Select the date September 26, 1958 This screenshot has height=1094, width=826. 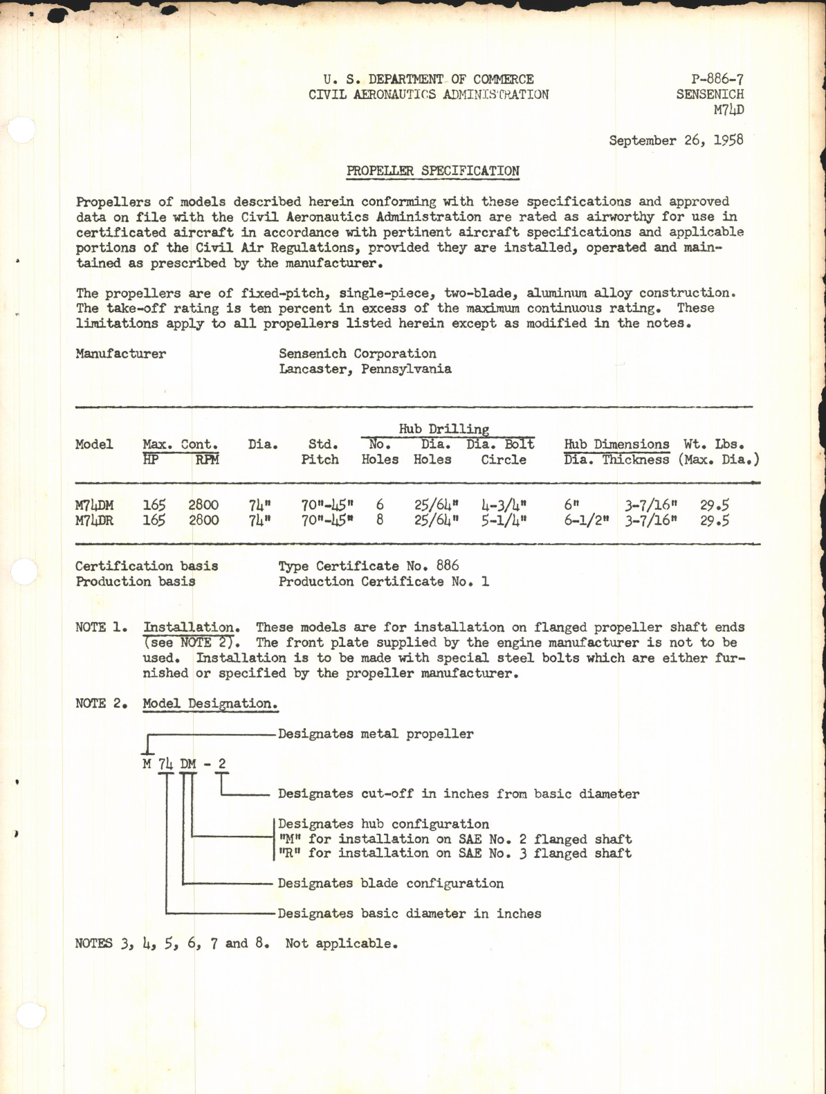[676, 140]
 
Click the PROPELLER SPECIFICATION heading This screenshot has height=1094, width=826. [432, 171]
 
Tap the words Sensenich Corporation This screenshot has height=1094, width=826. [357, 354]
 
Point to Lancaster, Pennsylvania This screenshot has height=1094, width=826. [365, 369]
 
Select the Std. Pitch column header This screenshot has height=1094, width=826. [320, 452]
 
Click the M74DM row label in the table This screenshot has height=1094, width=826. [94, 506]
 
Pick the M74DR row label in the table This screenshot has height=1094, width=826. [94, 520]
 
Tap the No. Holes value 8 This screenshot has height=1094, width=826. [379, 520]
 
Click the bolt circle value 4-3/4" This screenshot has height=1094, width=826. [504, 506]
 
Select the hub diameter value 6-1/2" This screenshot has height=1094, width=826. [586, 520]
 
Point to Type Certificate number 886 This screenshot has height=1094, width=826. [369, 566]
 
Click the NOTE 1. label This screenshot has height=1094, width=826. [101, 628]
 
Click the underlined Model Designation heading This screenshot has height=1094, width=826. [210, 704]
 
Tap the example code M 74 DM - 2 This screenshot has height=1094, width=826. [184, 764]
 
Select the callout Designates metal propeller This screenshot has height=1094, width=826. [376, 734]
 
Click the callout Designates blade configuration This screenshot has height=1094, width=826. [390, 884]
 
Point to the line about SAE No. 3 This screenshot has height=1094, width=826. [455, 853]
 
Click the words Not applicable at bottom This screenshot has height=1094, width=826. [341, 943]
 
